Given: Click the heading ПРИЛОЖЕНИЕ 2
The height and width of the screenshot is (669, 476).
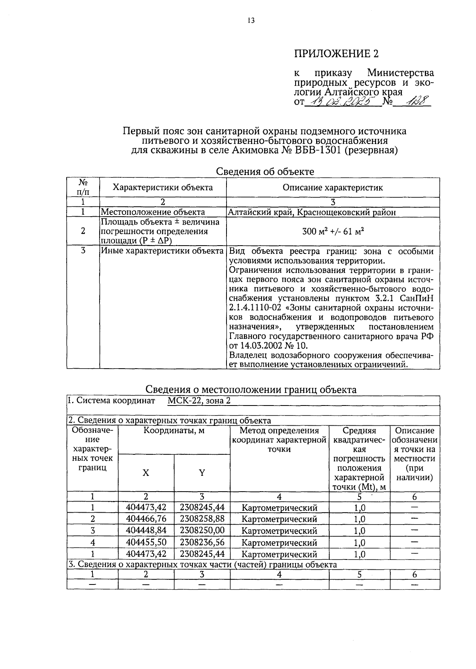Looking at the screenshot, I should (x=336, y=54).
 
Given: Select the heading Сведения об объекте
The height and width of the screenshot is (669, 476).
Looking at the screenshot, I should (x=265, y=171).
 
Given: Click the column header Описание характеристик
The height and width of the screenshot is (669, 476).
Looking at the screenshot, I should (x=333, y=188).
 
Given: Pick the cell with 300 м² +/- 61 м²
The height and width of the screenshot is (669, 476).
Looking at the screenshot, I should (x=333, y=231).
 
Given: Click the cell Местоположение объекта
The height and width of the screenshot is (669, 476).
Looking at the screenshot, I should (x=153, y=212).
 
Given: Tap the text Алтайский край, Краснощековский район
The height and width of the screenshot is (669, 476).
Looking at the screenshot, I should (x=313, y=212).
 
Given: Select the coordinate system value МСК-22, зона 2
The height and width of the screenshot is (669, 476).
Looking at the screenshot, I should (x=199, y=400).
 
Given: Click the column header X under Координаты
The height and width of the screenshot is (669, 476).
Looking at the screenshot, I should (x=146, y=473).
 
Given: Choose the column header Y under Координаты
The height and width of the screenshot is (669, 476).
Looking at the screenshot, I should (x=202, y=473).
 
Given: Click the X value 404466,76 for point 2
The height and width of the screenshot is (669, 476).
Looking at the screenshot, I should (x=146, y=519).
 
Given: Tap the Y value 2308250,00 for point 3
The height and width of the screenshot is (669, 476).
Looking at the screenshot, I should (x=202, y=531).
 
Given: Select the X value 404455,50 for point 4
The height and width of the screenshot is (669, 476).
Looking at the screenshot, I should (x=146, y=542).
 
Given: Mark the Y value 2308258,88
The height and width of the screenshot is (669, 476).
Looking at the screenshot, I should (x=202, y=519).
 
